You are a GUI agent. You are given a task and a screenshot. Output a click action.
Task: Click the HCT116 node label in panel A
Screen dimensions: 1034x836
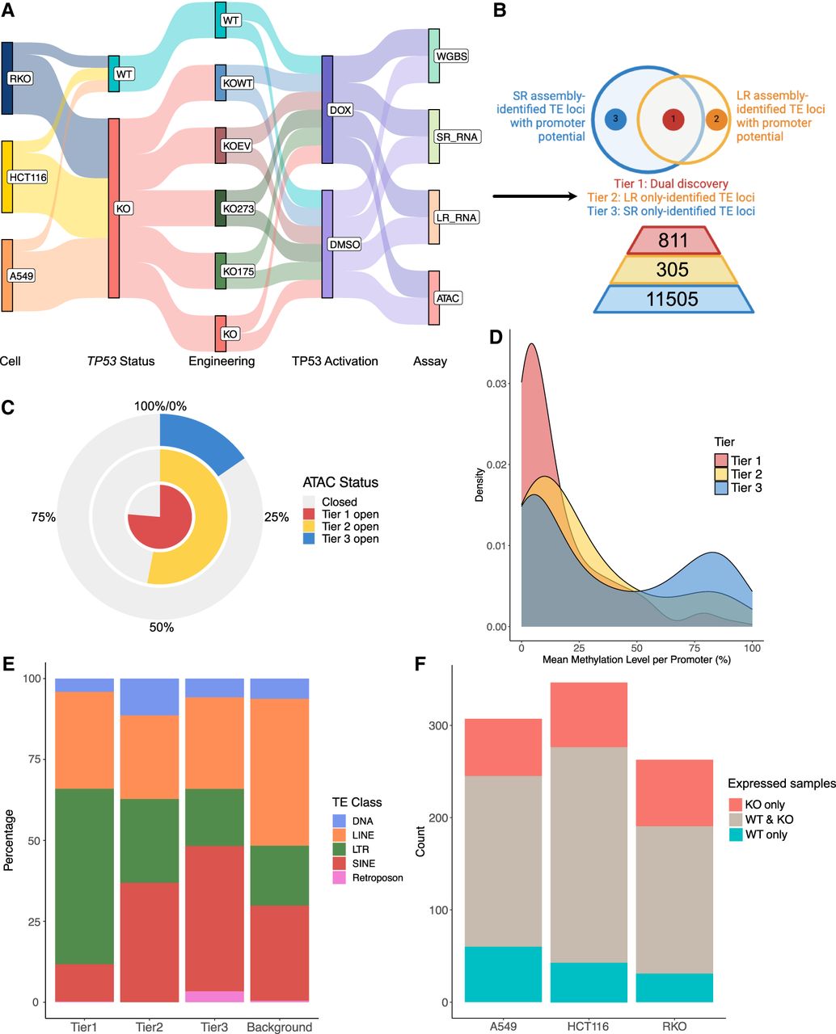[27, 177]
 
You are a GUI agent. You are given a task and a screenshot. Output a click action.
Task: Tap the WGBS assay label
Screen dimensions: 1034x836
[451, 57]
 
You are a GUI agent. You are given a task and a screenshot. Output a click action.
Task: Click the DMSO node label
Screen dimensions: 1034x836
[344, 244]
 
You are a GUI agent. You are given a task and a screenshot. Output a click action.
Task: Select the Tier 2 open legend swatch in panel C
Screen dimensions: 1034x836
[308, 526]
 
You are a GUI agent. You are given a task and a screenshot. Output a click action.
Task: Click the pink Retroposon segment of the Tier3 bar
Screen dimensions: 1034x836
[214, 996]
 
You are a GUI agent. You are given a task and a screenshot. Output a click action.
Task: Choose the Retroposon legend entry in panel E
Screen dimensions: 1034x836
[340, 877]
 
